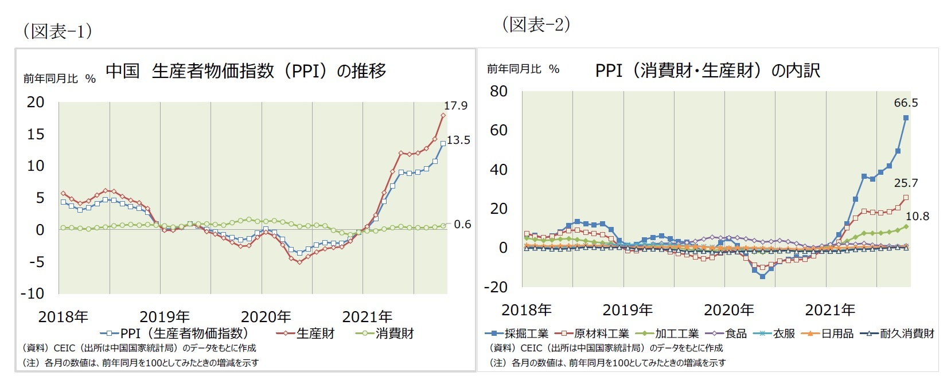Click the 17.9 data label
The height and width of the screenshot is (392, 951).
point(455,106)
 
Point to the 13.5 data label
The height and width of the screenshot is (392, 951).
point(458,140)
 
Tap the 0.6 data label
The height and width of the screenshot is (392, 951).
point(462,225)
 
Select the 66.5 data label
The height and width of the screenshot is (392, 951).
point(906,103)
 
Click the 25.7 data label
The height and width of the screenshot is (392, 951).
point(906,183)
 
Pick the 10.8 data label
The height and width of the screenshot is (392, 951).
point(917,217)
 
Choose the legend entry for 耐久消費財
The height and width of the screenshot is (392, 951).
point(907,334)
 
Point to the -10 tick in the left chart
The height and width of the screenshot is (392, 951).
point(32,293)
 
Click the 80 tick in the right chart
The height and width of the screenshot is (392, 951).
point(498,91)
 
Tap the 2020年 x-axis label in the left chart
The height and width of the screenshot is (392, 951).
point(266,317)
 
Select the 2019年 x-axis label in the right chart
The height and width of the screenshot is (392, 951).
point(627,310)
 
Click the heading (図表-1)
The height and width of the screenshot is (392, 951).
point(57,31)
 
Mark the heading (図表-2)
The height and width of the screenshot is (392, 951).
point(536,25)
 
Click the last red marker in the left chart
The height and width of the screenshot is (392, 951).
point(443,115)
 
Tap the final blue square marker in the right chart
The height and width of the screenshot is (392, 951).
point(906,118)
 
